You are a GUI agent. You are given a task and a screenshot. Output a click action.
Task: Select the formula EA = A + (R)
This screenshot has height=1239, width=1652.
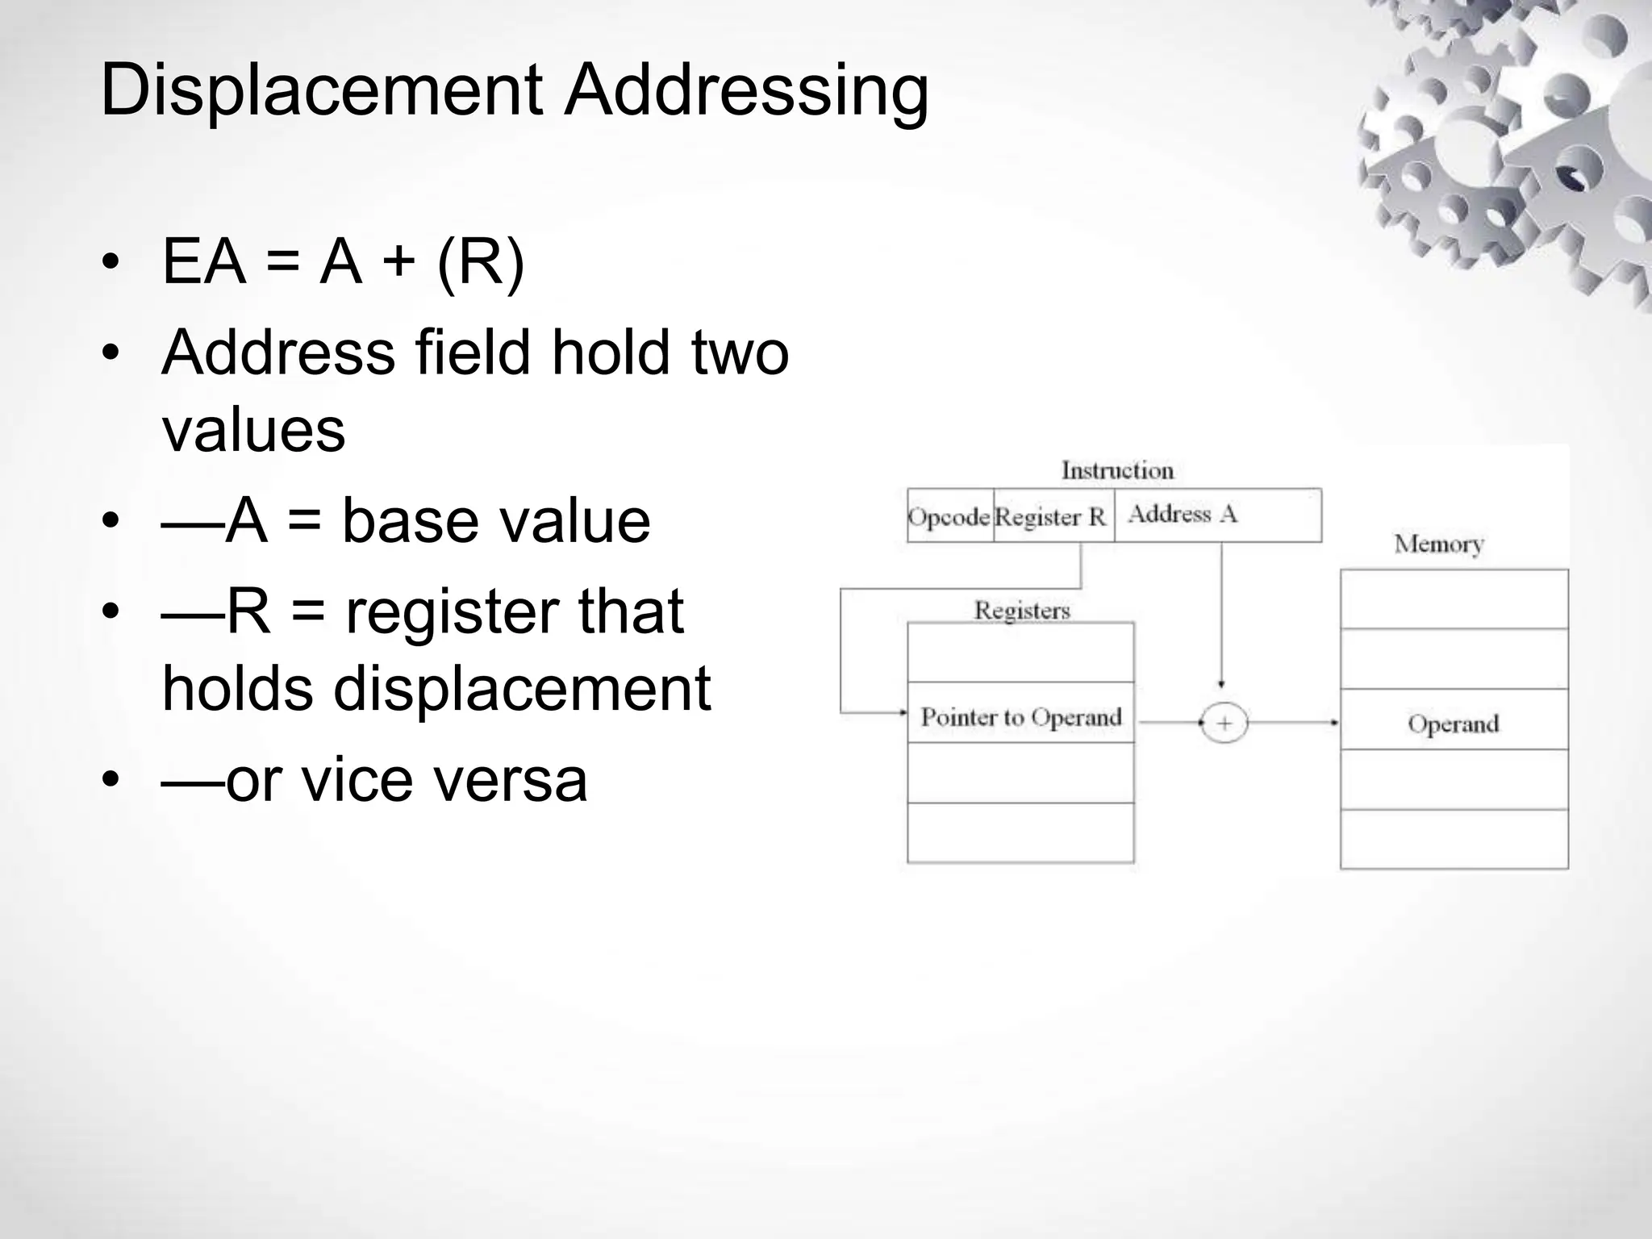(x=343, y=261)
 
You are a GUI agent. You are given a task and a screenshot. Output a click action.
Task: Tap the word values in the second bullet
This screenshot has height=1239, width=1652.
(x=253, y=429)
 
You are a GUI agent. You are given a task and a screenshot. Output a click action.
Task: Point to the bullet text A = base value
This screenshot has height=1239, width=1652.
(x=406, y=521)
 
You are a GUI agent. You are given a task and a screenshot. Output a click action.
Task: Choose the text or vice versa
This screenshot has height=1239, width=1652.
(x=375, y=780)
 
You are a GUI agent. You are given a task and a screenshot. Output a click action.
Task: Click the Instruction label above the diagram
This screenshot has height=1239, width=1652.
(x=1117, y=470)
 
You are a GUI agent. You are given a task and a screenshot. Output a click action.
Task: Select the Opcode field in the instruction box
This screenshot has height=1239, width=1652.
(x=949, y=516)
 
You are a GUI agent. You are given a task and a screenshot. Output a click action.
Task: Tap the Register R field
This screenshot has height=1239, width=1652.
(x=1050, y=516)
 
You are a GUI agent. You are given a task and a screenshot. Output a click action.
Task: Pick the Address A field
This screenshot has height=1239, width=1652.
(x=1183, y=514)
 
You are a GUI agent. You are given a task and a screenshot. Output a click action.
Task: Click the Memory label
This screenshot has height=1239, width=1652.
(x=1438, y=544)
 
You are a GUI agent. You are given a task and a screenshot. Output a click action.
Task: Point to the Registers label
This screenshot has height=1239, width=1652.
(x=1022, y=611)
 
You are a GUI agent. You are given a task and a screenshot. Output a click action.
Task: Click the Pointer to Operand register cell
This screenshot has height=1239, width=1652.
(x=1021, y=716)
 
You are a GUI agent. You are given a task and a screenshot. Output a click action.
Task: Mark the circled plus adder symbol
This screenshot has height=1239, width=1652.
(x=1224, y=724)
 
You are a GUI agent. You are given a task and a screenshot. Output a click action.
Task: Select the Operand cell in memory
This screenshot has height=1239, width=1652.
(x=1454, y=724)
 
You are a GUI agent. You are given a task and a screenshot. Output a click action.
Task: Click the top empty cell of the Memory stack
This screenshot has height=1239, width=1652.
(x=1454, y=599)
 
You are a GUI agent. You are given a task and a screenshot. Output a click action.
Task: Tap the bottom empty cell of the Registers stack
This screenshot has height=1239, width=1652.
(x=1020, y=832)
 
